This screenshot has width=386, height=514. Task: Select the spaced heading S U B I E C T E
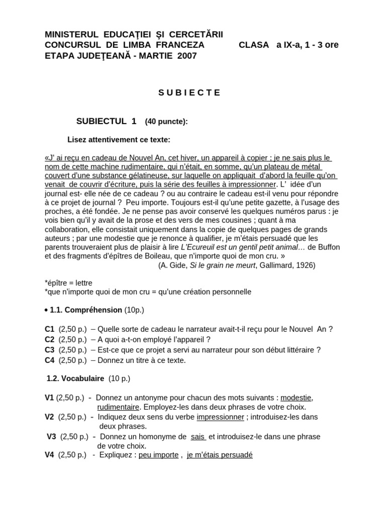tap(189, 92)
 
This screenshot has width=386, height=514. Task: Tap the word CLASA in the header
tap(254, 45)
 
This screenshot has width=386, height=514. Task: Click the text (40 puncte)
tap(166, 121)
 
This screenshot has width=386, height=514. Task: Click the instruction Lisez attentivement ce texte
tap(119, 140)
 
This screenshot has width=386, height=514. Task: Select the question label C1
tap(49, 329)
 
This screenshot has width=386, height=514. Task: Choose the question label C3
tap(49, 350)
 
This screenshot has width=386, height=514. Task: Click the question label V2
tap(49, 417)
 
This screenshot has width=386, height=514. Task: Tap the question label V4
tap(49, 455)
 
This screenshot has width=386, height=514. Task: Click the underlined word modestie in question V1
tap(296, 398)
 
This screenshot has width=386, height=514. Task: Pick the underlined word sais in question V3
tap(198, 436)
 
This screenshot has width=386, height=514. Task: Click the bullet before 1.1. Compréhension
tap(46, 310)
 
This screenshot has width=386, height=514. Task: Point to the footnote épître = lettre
tap(69, 283)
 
